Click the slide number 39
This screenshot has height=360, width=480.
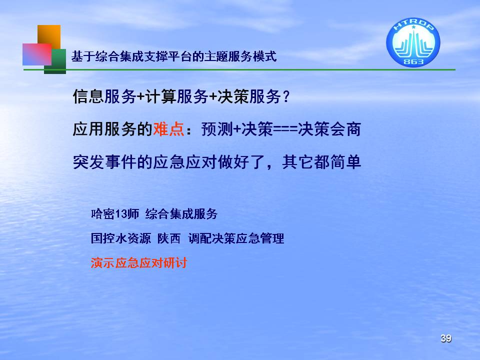[446, 338]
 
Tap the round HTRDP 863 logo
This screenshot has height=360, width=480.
[413, 42]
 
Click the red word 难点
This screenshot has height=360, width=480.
[168, 128]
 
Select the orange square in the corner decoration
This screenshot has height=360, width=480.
[49, 36]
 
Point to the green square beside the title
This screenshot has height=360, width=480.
[55, 61]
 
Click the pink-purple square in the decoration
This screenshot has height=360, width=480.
[36, 54]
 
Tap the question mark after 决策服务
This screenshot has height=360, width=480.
[286, 96]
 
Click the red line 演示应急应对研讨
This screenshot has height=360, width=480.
[138, 262]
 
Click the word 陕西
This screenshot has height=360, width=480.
[169, 238]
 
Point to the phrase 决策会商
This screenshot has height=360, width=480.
[329, 128]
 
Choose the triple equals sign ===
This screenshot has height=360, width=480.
[285, 129]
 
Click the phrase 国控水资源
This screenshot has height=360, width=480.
[121, 238]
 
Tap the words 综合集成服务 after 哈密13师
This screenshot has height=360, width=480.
[181, 213]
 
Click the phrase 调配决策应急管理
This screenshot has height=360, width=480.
[236, 238]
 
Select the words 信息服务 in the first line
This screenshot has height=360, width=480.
[104, 96]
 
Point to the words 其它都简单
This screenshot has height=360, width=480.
[321, 161]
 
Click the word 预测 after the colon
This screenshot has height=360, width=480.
[217, 128]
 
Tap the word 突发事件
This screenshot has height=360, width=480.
[104, 161]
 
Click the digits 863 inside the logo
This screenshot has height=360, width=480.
[413, 61]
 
